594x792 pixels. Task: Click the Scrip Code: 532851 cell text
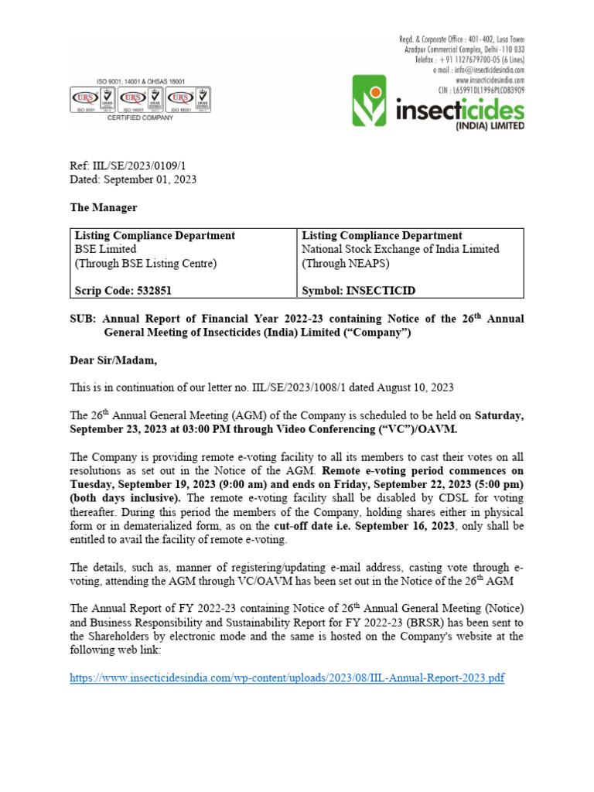point(123,291)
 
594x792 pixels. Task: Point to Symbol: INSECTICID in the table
point(358,291)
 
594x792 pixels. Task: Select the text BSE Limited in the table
point(105,249)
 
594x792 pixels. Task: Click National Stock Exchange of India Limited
point(400,249)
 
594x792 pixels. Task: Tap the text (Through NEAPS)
point(345,263)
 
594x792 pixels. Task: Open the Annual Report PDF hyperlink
point(287,678)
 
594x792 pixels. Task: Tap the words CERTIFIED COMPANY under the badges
point(140,118)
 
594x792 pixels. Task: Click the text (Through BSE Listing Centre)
point(145,263)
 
